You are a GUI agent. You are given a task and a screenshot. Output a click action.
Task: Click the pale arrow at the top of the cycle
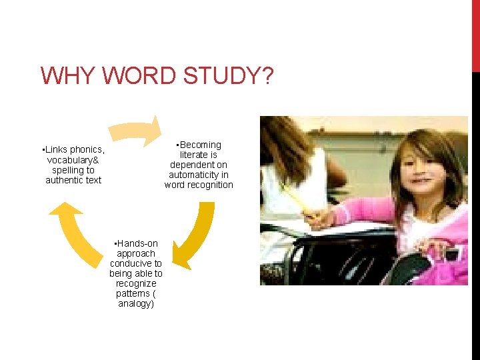pyautogui.click(x=136, y=131)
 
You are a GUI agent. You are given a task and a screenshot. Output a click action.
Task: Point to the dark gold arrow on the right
pyautogui.click(x=194, y=233)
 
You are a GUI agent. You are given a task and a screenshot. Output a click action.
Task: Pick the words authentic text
pyautogui.click(x=73, y=180)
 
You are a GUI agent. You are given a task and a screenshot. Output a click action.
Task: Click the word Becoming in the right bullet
pyautogui.click(x=200, y=145)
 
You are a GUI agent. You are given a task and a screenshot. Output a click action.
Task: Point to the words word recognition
pyautogui.click(x=199, y=185)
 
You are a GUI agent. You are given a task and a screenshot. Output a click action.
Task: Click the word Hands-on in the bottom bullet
pyautogui.click(x=137, y=243)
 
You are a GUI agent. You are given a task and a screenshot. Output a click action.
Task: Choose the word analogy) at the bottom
pyautogui.click(x=136, y=303)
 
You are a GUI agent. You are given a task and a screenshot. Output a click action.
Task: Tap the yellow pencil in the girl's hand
pyautogui.click(x=296, y=200)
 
